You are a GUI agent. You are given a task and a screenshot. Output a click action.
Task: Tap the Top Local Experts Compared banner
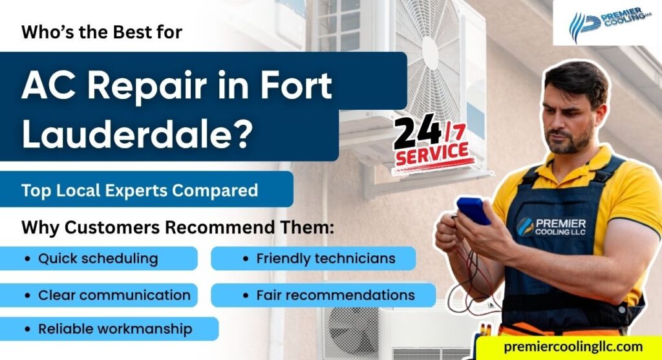point(140,191)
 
